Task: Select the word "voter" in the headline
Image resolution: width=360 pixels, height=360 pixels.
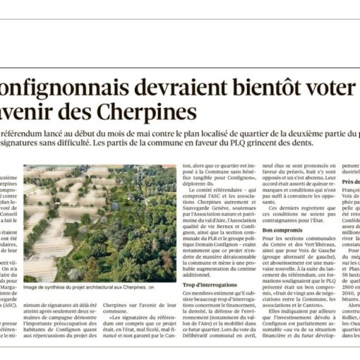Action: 328,88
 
